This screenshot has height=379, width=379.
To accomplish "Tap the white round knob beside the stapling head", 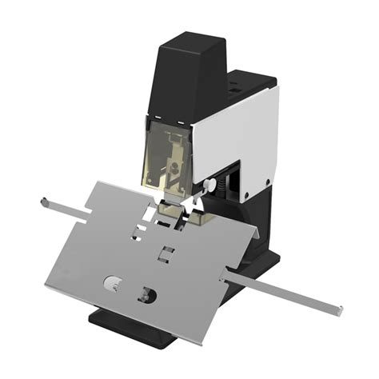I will point(209,185).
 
